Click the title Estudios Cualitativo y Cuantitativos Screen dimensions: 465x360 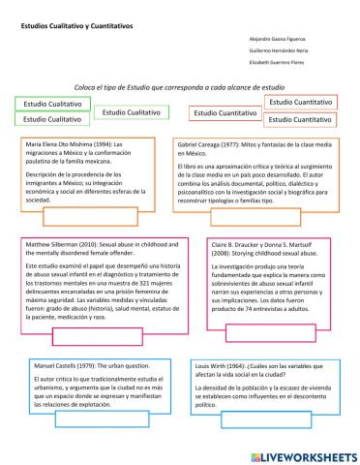[77, 30]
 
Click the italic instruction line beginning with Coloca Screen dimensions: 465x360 [179, 87]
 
